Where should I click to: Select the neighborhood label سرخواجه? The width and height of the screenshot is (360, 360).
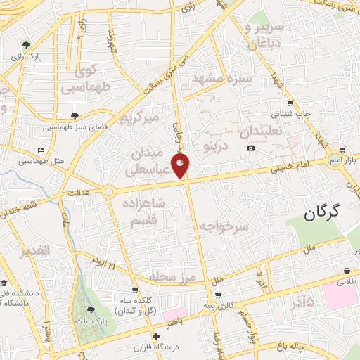coord(224,226)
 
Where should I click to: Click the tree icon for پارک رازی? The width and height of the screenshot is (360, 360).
coord(27,44)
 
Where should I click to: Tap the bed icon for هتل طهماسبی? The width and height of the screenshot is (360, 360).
coord(41,150)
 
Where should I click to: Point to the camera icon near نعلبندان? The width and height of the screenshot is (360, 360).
coord(251,148)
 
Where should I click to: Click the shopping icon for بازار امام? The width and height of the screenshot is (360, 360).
coord(342,150)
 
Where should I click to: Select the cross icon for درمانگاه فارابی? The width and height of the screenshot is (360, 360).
coord(157,337)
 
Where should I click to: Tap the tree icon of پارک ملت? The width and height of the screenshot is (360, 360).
coord(90,310)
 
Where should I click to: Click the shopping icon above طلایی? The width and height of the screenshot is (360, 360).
coord(347,271)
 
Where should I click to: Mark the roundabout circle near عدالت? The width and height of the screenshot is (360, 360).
coord(109,191)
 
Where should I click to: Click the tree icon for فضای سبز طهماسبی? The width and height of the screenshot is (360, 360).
coord(75,116)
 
